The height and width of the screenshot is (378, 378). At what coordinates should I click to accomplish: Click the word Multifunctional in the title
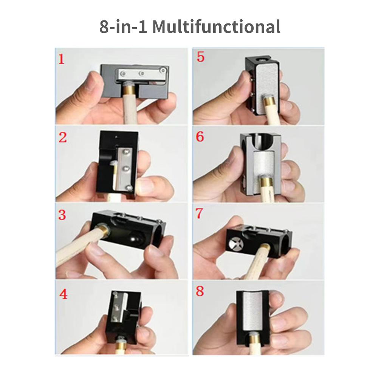pyautogui.click(x=216, y=26)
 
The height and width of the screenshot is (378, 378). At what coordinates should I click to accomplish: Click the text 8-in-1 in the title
pyautogui.click(x=123, y=26)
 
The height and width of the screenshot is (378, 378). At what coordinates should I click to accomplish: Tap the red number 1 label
pyautogui.click(x=62, y=59)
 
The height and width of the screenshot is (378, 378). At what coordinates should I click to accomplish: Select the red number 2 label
pyautogui.click(x=63, y=138)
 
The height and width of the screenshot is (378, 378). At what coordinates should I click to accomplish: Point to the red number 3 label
pyautogui.click(x=62, y=215)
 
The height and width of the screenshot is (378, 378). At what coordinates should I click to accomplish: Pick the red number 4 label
pyautogui.click(x=64, y=294)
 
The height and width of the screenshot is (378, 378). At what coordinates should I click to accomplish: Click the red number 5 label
pyautogui.click(x=201, y=57)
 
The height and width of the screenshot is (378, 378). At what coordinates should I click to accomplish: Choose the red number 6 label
pyautogui.click(x=200, y=136)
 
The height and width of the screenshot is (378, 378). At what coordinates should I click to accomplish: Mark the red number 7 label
pyautogui.click(x=199, y=214)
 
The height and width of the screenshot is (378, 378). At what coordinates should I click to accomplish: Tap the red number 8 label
pyautogui.click(x=200, y=291)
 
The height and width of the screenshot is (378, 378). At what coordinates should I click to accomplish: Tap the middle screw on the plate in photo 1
pyautogui.click(x=142, y=73)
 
